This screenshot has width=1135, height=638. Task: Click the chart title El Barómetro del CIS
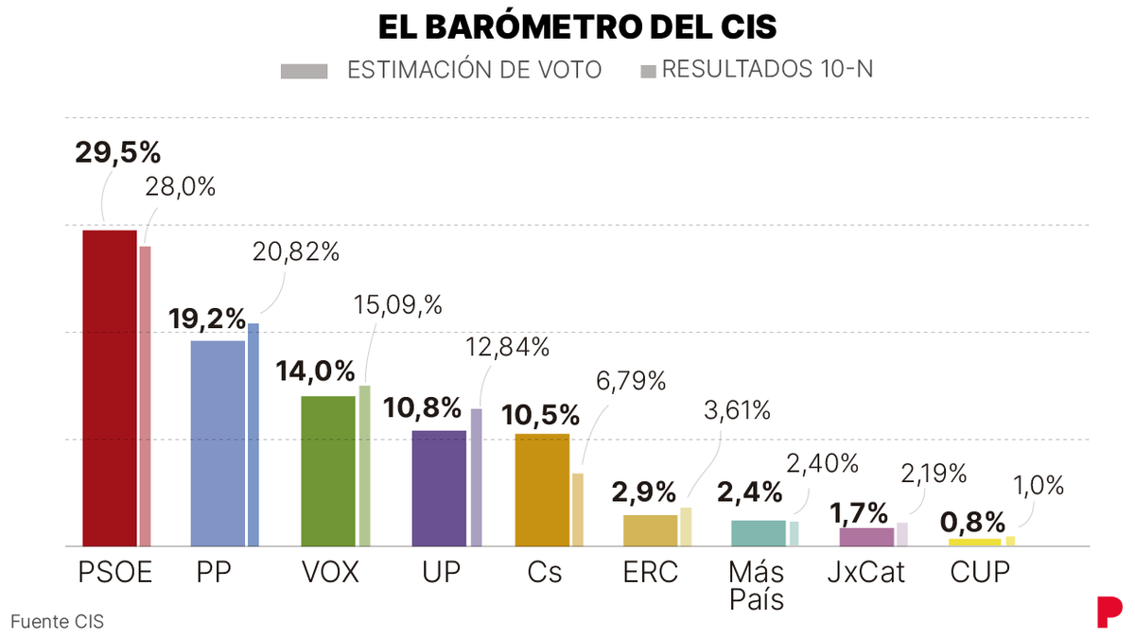coord(577,27)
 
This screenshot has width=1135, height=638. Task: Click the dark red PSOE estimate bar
coord(110,388)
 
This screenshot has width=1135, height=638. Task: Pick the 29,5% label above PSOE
coord(118,152)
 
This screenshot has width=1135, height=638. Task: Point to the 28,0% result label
coord(180,187)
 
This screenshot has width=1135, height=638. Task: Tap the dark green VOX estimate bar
coord(328,471)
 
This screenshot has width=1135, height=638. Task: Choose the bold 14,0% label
coord(316,371)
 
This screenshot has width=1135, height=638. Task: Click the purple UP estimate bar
coord(439,488)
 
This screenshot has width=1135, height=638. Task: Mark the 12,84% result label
coord(508,347)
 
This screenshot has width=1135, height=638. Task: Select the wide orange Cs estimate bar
coord(542,490)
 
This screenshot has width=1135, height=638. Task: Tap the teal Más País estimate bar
coord(759,532)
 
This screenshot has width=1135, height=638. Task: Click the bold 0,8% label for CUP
coord(972,523)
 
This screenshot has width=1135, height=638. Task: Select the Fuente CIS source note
coord(57,622)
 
